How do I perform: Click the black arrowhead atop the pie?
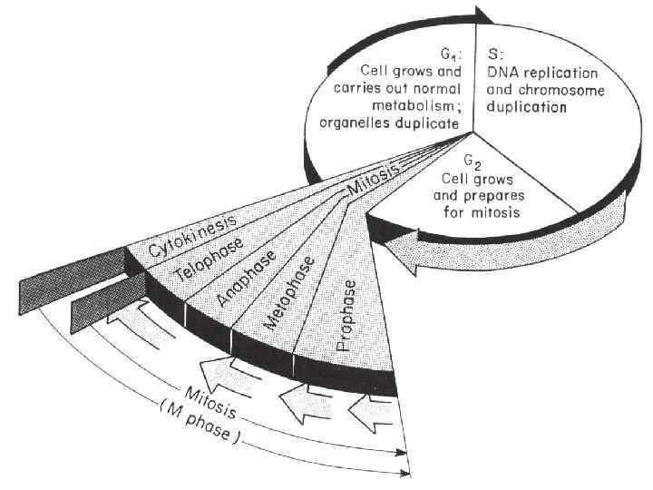[485, 13]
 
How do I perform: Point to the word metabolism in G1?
[424, 106]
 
